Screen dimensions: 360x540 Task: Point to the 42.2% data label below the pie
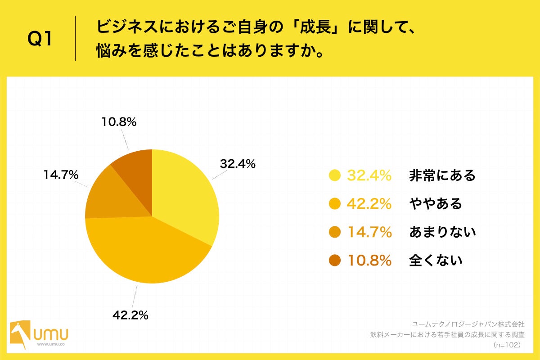130,315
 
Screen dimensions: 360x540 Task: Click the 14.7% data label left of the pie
61,175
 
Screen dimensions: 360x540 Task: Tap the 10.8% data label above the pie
118,122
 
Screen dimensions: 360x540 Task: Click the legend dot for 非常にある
335,175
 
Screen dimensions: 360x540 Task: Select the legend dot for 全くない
335,260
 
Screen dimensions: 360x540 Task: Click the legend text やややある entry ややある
436,204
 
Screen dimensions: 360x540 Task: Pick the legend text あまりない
442,232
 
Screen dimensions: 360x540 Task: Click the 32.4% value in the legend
369,175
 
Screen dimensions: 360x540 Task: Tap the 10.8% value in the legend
369,260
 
